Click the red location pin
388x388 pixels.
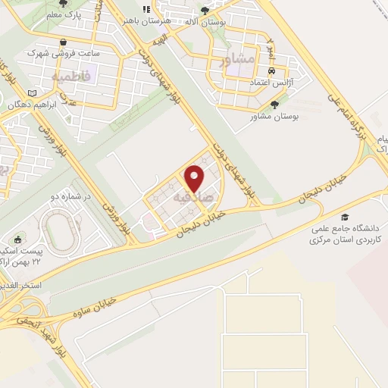195,178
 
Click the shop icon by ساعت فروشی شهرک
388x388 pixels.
63,42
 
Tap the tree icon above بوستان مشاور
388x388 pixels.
274,105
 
